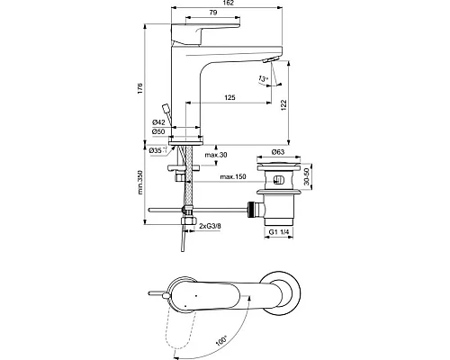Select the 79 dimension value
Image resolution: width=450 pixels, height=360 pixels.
[211, 15]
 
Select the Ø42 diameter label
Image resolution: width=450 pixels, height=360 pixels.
[157, 121]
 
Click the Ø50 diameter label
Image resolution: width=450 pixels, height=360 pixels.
[157, 132]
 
